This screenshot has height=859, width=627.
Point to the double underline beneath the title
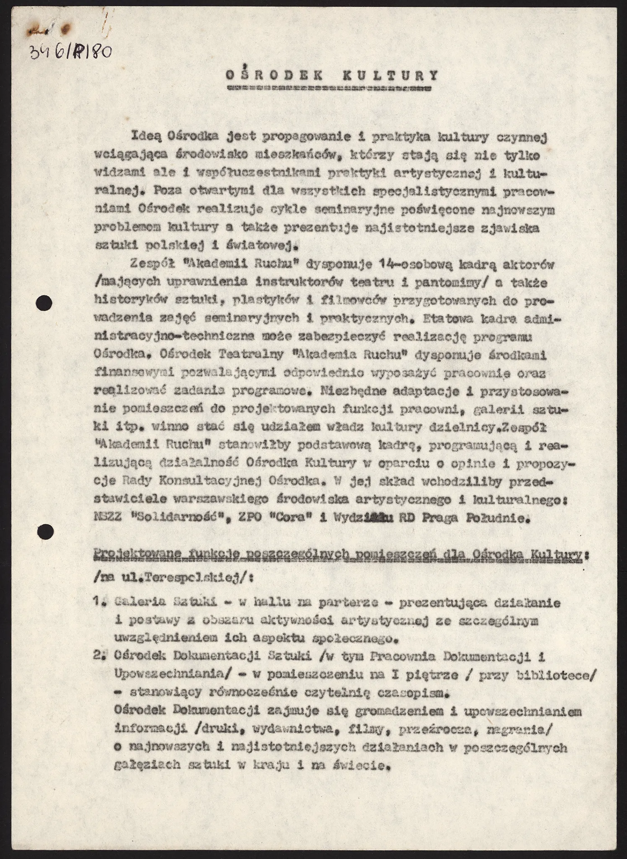328,89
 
